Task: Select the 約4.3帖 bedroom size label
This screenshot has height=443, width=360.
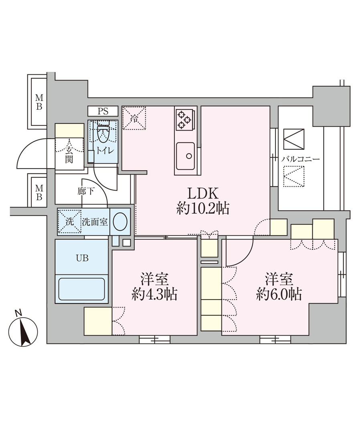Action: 154,295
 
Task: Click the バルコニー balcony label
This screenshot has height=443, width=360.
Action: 300,159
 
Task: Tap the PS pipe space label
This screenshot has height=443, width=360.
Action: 103,111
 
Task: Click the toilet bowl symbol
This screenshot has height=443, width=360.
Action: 103,135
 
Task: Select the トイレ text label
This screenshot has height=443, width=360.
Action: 106,151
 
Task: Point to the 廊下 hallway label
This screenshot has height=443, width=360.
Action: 86,191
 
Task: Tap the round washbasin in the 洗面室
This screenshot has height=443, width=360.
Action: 120,221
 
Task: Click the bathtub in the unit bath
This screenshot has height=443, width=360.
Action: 81,289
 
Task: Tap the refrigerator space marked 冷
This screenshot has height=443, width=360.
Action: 134,118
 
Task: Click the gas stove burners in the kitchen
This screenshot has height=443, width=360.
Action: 184,119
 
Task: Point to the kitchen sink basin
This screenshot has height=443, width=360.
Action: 185,156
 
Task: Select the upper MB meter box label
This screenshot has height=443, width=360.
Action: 39,102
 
